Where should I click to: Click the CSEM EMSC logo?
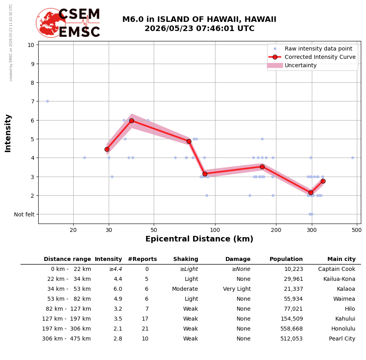click(68, 23)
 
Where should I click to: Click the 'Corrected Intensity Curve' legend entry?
click(312, 57)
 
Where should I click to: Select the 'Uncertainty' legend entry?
click(292, 65)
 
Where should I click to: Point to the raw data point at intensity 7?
click(48, 101)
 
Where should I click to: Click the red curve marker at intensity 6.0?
click(132, 121)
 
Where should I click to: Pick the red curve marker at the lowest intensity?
click(311, 193)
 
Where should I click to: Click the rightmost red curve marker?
click(323, 181)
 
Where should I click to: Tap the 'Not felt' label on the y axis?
click(24, 214)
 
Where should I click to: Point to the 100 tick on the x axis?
click(215, 230)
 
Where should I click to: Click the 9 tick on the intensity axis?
click(32, 64)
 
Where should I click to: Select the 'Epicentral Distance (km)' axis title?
click(200, 239)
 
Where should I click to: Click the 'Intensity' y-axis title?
click(8, 133)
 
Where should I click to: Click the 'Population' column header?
click(286, 259)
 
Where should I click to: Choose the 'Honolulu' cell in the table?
click(343, 329)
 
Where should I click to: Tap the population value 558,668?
click(292, 329)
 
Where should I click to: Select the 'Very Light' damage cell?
click(237, 289)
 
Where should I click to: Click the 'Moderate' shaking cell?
click(185, 289)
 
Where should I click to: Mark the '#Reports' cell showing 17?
click(145, 319)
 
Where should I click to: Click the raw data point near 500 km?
click(353, 158)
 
